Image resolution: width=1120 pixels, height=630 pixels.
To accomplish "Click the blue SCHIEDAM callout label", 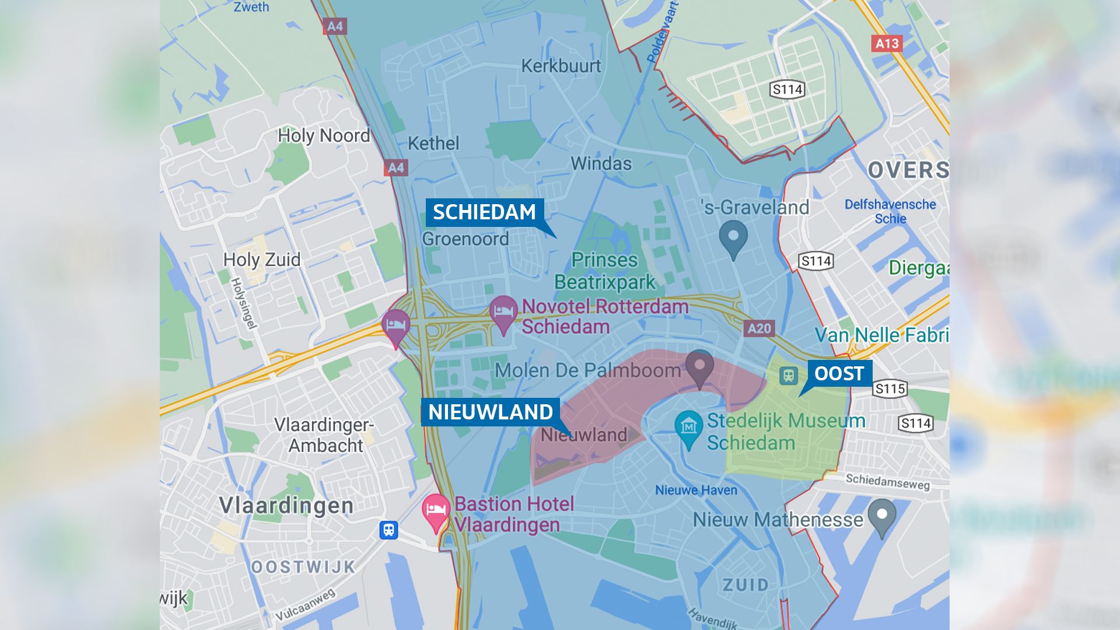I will pos(484,212).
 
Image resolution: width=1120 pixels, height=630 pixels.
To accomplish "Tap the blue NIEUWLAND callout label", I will pos(490,412).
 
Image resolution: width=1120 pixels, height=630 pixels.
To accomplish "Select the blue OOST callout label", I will pos(839,373).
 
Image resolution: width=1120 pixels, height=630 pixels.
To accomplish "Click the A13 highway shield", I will pos(887,43).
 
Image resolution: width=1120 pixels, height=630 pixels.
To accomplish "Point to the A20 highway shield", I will pos(759,328).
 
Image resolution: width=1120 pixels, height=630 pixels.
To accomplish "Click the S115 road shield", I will pos(890,389).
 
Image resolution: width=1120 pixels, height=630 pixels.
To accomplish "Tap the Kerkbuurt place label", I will pos(561,66).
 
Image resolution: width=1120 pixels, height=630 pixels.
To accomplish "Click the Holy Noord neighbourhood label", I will pos(324,135).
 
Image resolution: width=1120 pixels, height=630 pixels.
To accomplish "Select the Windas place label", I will pos(601,163).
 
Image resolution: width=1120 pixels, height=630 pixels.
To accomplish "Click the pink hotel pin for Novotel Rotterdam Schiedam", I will pos(503,313).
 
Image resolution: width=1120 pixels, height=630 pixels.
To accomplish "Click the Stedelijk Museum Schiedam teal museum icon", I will pos(688,428).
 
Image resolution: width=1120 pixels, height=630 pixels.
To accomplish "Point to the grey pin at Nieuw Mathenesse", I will pos(881,516).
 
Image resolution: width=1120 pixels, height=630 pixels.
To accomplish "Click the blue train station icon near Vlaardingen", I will pos(388,530).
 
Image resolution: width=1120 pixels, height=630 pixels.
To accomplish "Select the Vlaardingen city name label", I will pos(286,505).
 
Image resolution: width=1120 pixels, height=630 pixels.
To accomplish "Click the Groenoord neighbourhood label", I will pos(465,239).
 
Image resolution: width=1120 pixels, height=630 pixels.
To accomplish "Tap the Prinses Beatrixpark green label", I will pos(604,271).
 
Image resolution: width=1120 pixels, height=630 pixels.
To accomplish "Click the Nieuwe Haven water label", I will pos(696,490).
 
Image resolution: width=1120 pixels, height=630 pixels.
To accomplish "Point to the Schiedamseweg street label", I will pos(887,481).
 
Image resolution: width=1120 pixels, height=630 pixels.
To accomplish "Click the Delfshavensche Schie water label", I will pos(890,211).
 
